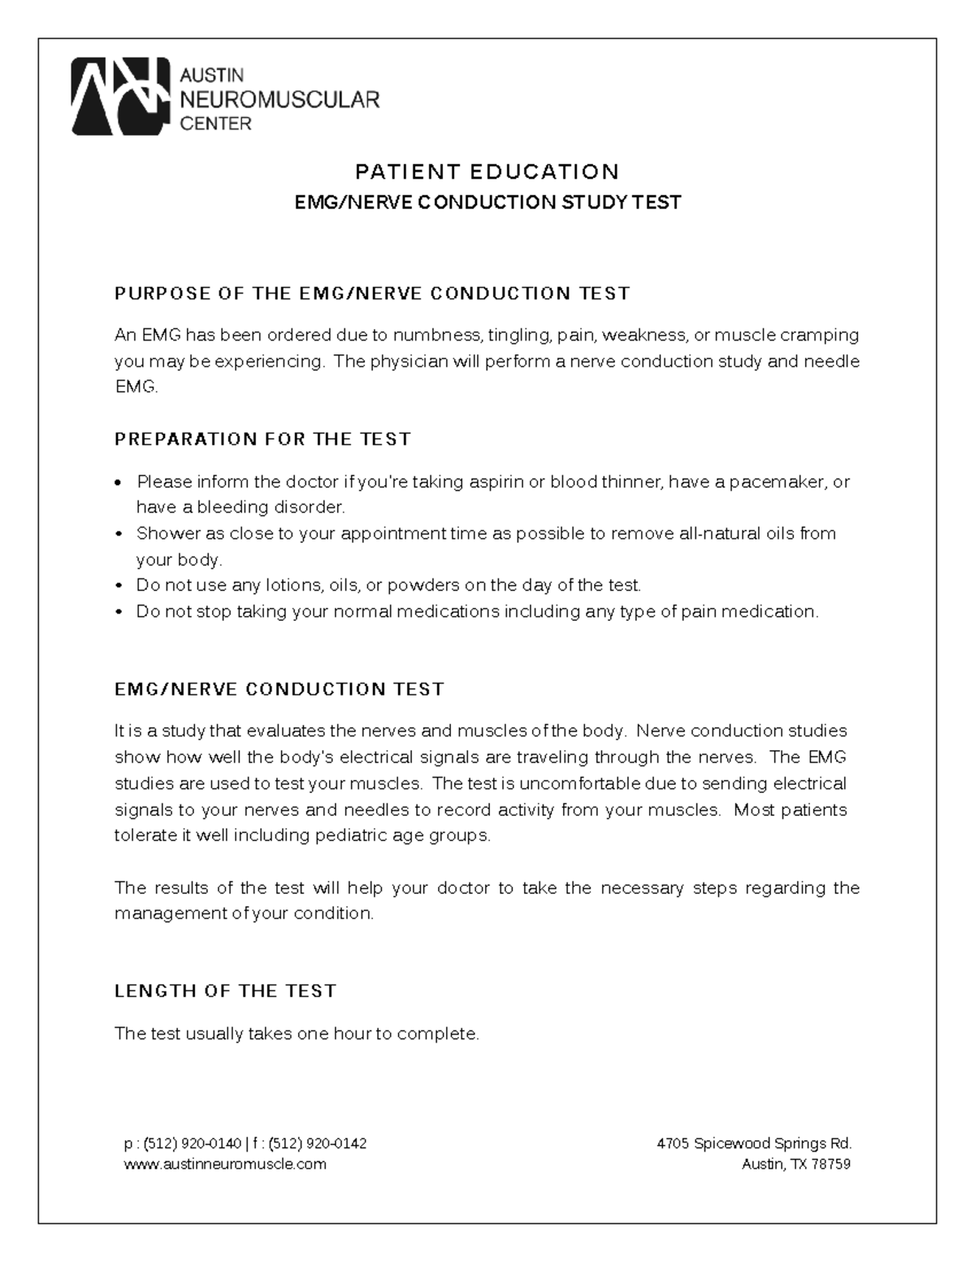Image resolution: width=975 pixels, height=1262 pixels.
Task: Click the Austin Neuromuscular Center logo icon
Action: tap(120, 97)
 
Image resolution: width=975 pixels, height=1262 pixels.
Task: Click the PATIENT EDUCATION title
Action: tap(487, 171)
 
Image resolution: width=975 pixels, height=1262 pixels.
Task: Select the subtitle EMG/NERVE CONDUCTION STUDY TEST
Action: tap(487, 202)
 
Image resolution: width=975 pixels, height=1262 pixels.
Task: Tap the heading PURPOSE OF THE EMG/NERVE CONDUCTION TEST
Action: tap(372, 293)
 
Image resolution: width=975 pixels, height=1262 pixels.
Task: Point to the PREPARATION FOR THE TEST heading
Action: tap(262, 440)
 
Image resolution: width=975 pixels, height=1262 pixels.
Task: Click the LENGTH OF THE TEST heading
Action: tap(225, 991)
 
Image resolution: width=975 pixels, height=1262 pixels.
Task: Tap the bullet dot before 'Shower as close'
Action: tap(119, 535)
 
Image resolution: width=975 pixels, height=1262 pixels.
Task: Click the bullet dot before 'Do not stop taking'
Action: tap(119, 612)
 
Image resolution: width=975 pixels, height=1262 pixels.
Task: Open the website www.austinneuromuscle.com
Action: tap(225, 1164)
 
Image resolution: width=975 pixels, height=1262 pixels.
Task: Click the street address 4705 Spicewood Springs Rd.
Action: tap(753, 1143)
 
